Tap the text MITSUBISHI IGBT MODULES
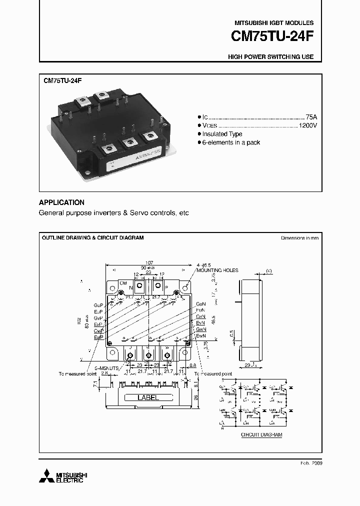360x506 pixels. [274, 23]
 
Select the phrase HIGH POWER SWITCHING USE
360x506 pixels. [270, 57]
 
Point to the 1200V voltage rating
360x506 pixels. [307, 125]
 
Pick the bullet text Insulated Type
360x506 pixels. [222, 134]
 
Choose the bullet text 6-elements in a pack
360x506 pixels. [231, 142]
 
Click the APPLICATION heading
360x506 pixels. [61, 202]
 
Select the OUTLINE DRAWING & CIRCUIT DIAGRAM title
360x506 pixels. [92, 238]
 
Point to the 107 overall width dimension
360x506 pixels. [149, 263]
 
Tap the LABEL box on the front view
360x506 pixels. [148, 398]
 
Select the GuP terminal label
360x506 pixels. [98, 304]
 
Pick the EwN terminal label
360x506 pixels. [200, 336]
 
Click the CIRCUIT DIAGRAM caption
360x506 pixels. [261, 435]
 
